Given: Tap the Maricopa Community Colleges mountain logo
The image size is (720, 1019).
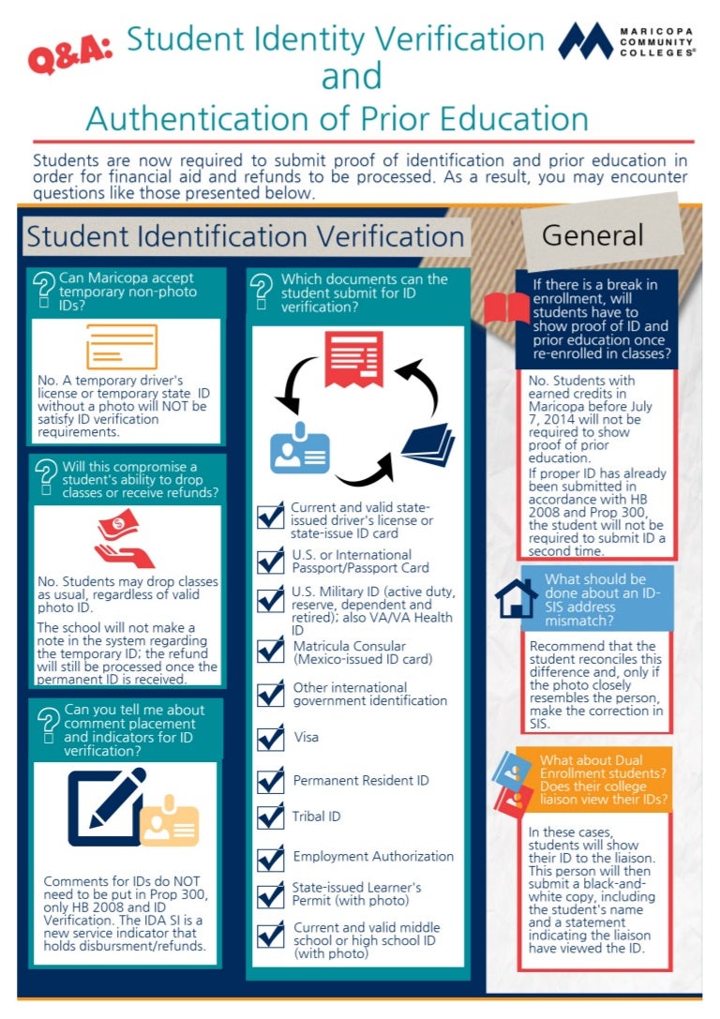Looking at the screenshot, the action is click(x=586, y=41).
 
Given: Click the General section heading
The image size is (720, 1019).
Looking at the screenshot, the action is click(x=592, y=235).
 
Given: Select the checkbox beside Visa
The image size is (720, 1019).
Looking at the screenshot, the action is click(x=270, y=738).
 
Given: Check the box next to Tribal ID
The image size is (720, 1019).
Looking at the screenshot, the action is click(x=270, y=817).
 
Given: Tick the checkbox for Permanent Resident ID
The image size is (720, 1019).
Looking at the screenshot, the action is click(x=270, y=780).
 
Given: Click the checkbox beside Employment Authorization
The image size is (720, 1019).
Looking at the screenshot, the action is click(x=270, y=858).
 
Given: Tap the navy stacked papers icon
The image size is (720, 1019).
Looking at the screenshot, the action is click(x=428, y=443).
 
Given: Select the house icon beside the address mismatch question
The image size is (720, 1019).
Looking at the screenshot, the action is click(x=516, y=598).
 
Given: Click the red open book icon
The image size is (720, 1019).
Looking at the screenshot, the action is click(x=506, y=307).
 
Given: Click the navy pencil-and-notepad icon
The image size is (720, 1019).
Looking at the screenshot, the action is click(x=107, y=806).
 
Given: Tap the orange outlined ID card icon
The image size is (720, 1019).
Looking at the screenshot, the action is click(x=122, y=347).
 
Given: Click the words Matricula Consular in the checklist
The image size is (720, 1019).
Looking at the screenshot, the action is click(x=349, y=646).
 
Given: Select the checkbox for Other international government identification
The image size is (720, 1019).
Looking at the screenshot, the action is click(x=270, y=694).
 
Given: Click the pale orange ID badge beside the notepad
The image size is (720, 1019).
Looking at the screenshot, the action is click(x=170, y=820).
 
